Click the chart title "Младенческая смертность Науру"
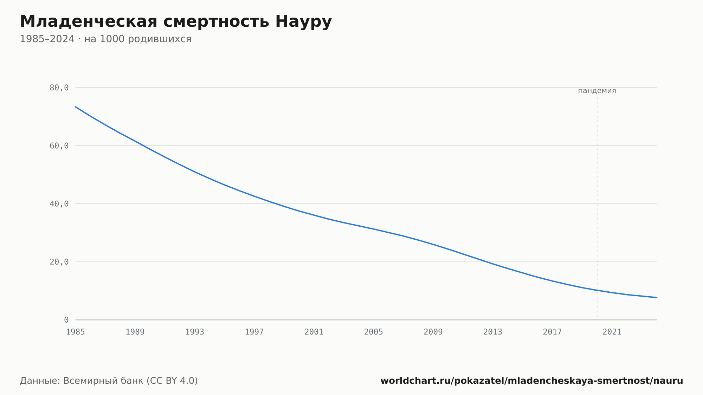(176, 22)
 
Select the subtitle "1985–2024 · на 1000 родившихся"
(105, 39)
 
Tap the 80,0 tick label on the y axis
(59, 88)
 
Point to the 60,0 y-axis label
(59, 146)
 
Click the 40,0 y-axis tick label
(59, 204)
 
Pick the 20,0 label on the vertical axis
(59, 262)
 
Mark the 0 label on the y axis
(66, 320)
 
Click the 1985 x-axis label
(76, 332)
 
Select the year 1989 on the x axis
(135, 332)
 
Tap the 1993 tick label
(195, 332)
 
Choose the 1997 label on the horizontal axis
(254, 332)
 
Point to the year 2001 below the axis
(314, 332)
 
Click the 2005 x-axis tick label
(374, 332)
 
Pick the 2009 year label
(433, 332)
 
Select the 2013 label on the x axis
(493, 332)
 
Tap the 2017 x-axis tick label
(553, 332)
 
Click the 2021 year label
(612, 332)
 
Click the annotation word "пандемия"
(597, 91)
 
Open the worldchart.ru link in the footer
(532, 381)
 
